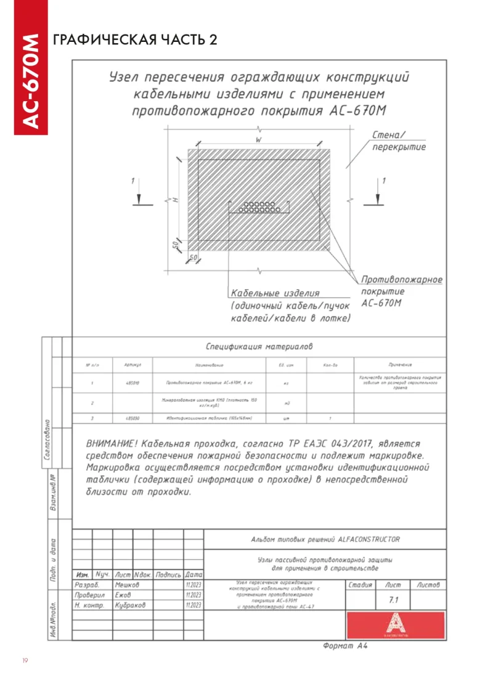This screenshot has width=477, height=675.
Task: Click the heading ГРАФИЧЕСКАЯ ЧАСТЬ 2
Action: click(136, 40)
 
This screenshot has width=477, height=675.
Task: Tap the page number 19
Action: click(25, 661)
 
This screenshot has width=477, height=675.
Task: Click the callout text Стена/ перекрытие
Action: click(399, 141)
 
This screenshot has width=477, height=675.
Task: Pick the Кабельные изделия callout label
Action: click(275, 293)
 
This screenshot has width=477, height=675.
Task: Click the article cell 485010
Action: click(132, 383)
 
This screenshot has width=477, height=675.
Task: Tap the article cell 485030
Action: click(132, 417)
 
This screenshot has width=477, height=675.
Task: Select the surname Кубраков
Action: click(130, 605)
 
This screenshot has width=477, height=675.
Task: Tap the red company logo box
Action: click(395, 626)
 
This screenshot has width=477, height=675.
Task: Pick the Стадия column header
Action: click(360, 584)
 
